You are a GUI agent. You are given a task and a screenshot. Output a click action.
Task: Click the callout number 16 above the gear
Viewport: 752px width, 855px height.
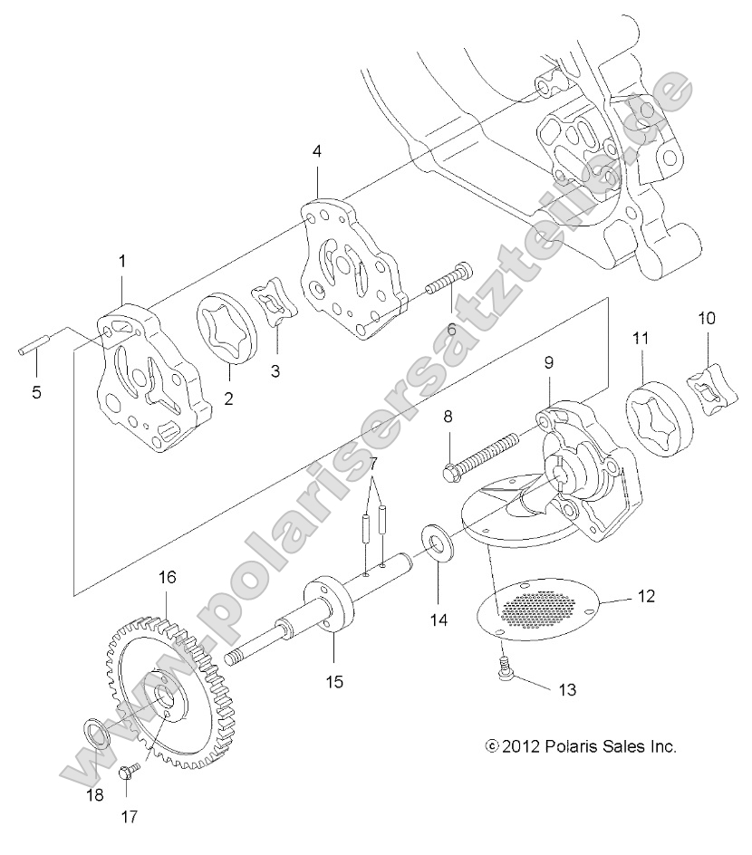(x=167, y=577)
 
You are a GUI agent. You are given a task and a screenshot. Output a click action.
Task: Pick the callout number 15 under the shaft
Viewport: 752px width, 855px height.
(x=334, y=682)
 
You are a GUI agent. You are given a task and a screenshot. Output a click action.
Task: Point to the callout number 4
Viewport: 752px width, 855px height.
(x=316, y=151)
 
